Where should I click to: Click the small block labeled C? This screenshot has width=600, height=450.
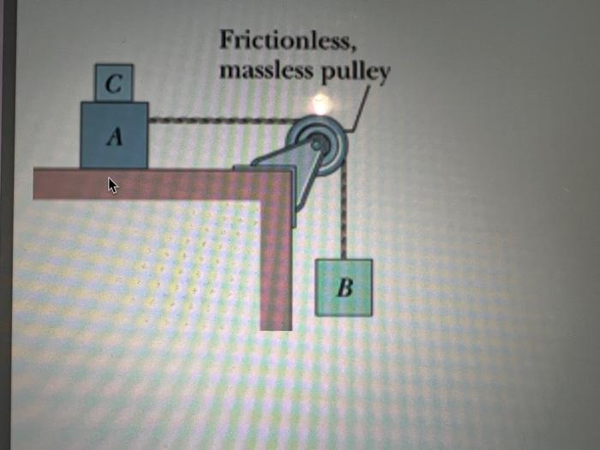coord(114,83)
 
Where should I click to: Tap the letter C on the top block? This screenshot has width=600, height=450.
coord(114,84)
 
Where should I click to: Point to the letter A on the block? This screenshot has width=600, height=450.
coord(114,138)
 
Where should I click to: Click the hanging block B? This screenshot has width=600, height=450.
coord(344,287)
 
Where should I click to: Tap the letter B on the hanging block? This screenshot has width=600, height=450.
coord(345,288)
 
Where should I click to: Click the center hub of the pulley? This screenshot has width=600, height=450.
coord(318,142)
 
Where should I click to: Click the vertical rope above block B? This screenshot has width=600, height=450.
coord(343,214)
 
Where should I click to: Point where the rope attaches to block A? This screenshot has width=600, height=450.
coord(149,121)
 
